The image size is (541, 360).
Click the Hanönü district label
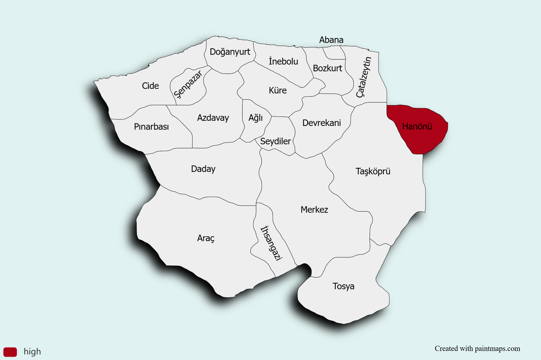(x=417, y=126)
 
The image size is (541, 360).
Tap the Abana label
(x=331, y=40)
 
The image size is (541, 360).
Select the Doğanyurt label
(x=230, y=52)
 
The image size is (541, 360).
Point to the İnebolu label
(x=283, y=62)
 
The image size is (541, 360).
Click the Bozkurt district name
(x=328, y=68)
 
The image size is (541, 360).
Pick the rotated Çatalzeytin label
(x=364, y=77)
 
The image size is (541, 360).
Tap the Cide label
(x=150, y=86)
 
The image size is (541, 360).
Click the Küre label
(x=278, y=90)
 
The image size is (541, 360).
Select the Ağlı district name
(x=255, y=118)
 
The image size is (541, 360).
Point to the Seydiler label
(x=276, y=142)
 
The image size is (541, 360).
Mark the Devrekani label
(x=322, y=123)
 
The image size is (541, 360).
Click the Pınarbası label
(x=151, y=127)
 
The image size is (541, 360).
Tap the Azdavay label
(x=213, y=118)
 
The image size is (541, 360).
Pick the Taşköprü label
(x=373, y=172)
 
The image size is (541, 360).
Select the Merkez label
(x=314, y=210)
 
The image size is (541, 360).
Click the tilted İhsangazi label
(x=271, y=243)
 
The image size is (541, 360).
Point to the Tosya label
(x=344, y=286)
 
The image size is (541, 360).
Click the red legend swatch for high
(x=10, y=352)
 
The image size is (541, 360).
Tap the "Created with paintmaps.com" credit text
(x=478, y=349)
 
